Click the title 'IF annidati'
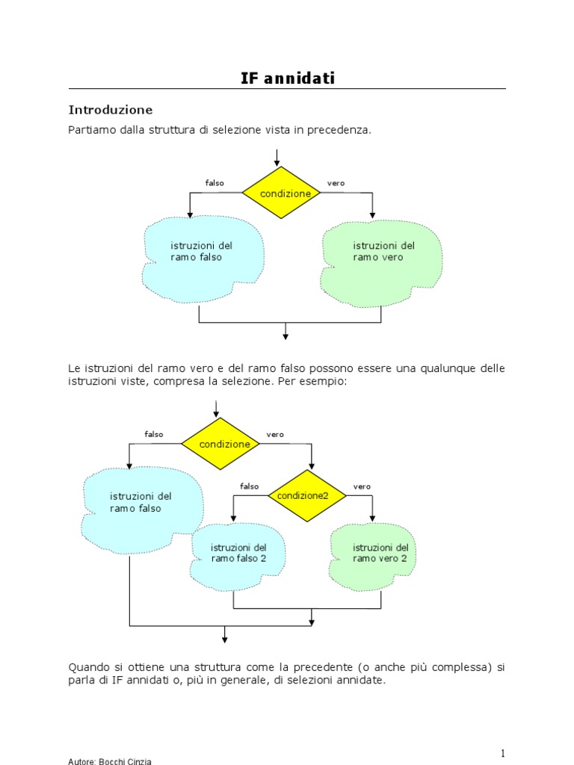tap(287, 78)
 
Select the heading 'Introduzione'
tap(110, 110)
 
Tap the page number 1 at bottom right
tap(504, 753)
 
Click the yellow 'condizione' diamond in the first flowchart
tap(281, 193)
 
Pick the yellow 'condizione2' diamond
tap(306, 495)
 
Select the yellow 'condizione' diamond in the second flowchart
tap(220, 444)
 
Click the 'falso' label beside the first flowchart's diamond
tap(215, 183)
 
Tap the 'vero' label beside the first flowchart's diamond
tap(336, 183)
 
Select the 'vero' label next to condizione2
tap(362, 486)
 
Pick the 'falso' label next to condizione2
tap(249, 486)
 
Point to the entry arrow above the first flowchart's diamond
tap(277, 158)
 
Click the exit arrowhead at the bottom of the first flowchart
tap(286, 335)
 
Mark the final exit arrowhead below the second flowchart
tap(224, 638)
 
